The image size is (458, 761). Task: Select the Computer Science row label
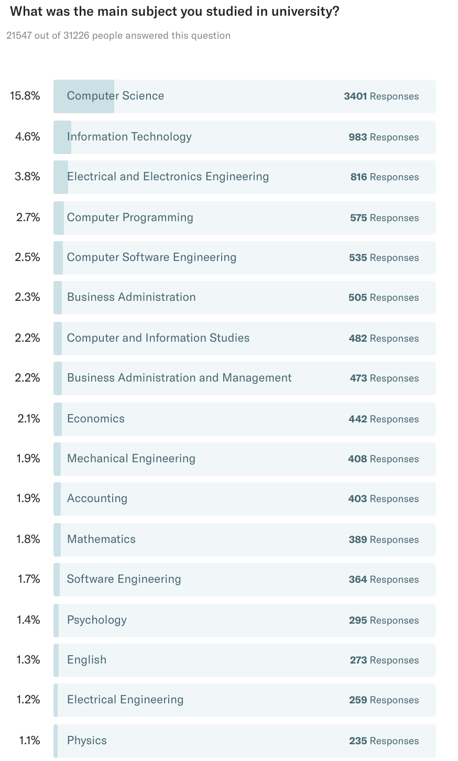coord(115,96)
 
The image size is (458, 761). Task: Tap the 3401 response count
coord(355,96)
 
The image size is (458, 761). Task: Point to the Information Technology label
coord(129,137)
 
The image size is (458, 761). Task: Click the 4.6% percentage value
coord(27,137)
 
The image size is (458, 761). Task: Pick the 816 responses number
coord(358,177)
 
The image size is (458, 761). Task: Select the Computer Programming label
coord(130,218)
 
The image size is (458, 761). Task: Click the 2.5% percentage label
coord(27,257)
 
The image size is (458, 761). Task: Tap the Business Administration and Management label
coord(179,378)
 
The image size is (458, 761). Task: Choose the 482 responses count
coord(358,339)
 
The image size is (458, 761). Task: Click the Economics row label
coord(96,419)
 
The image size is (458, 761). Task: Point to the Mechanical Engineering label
coord(131,459)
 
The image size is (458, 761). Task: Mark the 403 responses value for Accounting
coord(357,499)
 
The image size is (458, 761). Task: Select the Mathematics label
coord(101,539)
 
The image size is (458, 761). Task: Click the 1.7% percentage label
coord(28,579)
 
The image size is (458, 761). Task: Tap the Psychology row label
coord(97,620)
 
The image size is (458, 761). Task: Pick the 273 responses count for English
coord(358,660)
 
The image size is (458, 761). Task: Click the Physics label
coord(87,741)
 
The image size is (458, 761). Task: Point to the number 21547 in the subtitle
coord(19,36)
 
